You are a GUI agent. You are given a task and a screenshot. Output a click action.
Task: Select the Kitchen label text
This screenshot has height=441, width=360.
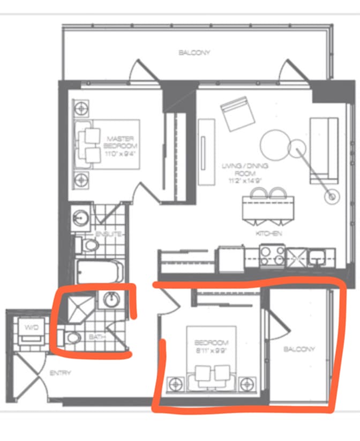[x=269, y=234]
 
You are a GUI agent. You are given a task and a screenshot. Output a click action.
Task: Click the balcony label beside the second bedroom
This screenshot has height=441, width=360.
[x=299, y=349]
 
